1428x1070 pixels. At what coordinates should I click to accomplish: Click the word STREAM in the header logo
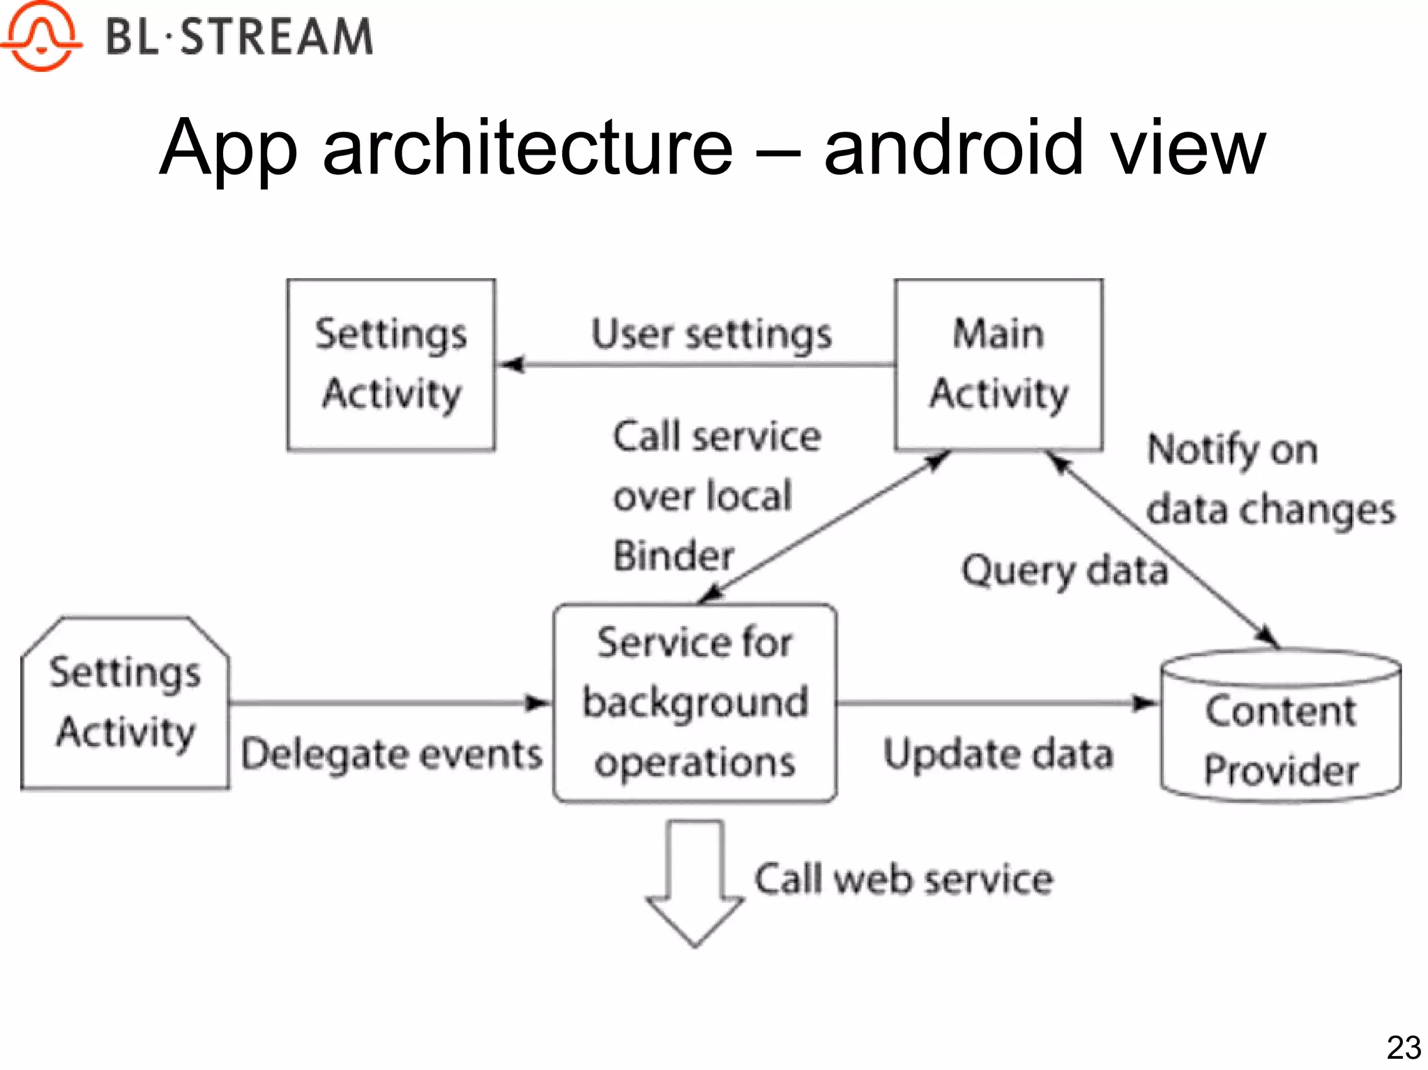click(x=277, y=37)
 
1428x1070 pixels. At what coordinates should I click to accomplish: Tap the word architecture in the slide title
click(x=528, y=148)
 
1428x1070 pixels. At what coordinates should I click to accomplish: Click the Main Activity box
click(x=998, y=365)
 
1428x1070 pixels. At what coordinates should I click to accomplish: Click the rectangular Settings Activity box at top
click(x=391, y=365)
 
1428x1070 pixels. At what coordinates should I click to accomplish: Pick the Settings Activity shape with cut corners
click(x=126, y=703)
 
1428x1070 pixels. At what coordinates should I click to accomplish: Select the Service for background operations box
click(x=695, y=703)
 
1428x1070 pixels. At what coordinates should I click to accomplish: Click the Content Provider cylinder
click(x=1281, y=728)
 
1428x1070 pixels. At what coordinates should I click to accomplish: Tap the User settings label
click(x=711, y=334)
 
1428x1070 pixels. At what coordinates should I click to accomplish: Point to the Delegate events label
click(x=391, y=755)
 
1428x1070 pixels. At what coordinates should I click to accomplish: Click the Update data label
click(x=998, y=755)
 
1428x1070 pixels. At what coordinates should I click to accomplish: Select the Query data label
click(x=1064, y=571)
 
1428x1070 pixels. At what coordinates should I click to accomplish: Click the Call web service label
click(x=904, y=880)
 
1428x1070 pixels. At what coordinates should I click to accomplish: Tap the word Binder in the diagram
click(x=674, y=556)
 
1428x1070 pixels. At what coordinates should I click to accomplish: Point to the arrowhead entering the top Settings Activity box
click(x=512, y=365)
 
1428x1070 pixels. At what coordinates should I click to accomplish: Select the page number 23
click(x=1404, y=1048)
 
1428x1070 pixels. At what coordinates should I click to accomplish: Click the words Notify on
click(x=1232, y=450)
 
